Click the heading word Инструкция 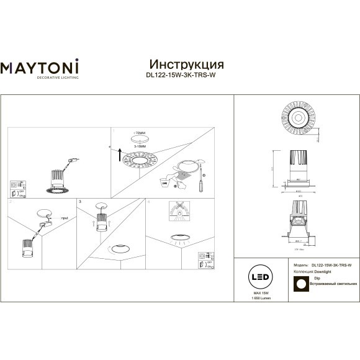point(187,65)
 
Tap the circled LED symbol point(261,276)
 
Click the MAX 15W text point(261,292)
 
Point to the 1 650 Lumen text point(261,299)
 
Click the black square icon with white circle point(301,283)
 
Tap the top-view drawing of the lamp point(299,117)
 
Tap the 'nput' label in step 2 point(65,218)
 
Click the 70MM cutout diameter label point(139,133)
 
